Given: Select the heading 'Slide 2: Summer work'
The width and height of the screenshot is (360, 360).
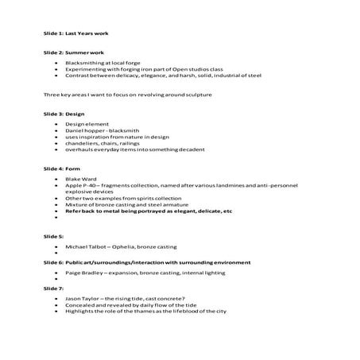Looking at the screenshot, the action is [69, 52].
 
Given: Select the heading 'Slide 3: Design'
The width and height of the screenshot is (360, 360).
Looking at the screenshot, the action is [63, 114].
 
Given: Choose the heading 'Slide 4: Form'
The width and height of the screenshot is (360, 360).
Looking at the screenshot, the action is [61, 169].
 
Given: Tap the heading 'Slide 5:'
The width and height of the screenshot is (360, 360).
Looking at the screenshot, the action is [53, 237].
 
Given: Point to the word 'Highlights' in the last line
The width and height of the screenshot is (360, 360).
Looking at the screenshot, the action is [81, 310].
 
